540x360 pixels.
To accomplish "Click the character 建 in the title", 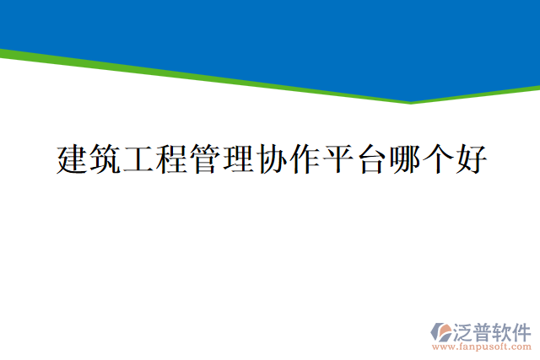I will (73, 159).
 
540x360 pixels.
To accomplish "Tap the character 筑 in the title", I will (106, 159).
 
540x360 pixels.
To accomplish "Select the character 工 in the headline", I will (139, 159).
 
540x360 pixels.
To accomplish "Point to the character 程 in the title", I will (172, 159).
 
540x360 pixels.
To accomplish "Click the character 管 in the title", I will (205, 159).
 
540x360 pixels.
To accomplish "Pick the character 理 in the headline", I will (238, 159).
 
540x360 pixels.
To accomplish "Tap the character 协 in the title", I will (271, 159).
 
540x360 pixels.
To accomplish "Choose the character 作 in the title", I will (304, 159).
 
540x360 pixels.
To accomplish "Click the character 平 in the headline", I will (337, 159).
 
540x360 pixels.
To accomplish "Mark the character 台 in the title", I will (370, 159).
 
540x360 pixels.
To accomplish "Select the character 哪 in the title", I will (402, 159).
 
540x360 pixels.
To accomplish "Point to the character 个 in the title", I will (435, 159).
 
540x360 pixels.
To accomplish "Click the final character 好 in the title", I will (468, 159).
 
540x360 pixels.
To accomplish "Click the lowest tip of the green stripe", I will (411, 103).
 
